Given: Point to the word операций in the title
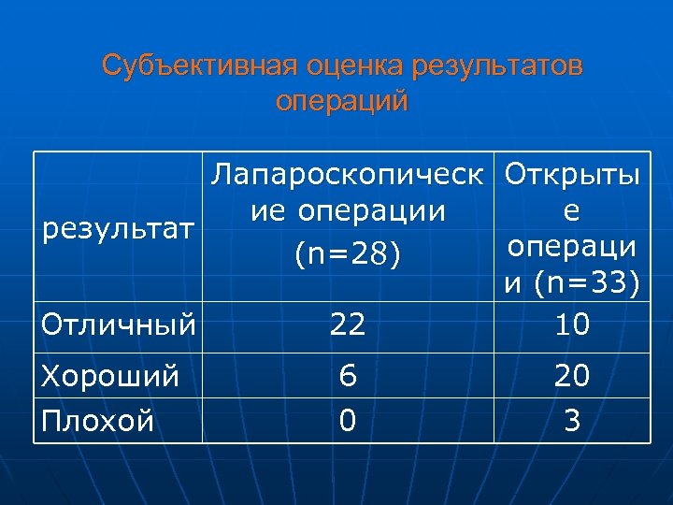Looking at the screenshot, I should (x=342, y=101).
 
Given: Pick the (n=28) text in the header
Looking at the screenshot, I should (x=348, y=252).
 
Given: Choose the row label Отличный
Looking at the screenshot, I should (x=119, y=325).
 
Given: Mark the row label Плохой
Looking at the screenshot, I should (x=98, y=421).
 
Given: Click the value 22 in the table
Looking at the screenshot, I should (x=347, y=325).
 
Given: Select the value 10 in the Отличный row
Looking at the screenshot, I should (x=571, y=325).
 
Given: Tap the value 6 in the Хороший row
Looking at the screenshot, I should (x=348, y=376).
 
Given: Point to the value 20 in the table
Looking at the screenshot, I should (x=571, y=376).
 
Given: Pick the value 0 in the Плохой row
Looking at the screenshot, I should (x=347, y=421).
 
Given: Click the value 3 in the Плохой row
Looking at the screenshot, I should (x=572, y=421).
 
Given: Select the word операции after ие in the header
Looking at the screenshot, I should (x=372, y=212).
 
